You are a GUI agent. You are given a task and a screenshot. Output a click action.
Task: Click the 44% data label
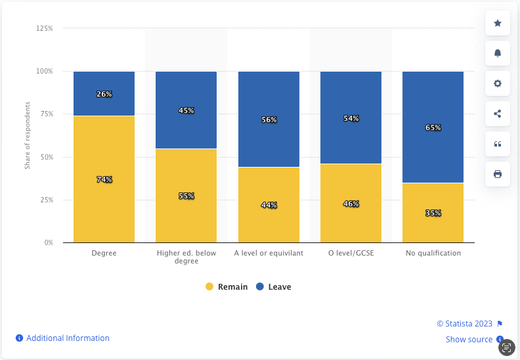[x=269, y=205]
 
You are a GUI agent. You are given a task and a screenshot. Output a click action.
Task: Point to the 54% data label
[x=351, y=119]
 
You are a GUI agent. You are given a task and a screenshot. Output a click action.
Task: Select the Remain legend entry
[x=227, y=287]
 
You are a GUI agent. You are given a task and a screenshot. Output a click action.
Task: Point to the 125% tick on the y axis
[x=45, y=28]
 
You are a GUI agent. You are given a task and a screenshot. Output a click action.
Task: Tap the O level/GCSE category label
[x=351, y=253]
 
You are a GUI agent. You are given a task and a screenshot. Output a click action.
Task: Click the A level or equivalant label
[x=269, y=253]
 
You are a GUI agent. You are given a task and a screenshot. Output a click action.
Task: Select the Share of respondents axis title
[x=28, y=136]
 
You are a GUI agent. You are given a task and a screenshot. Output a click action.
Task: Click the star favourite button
[x=497, y=24]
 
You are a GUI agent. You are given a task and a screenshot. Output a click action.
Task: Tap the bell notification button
[x=497, y=53]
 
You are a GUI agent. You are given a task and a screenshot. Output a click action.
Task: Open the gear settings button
[x=497, y=83]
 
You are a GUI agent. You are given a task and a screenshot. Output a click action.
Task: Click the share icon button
[x=497, y=114]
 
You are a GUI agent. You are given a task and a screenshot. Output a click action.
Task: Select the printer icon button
[x=497, y=174]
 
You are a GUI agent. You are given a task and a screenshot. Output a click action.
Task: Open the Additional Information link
[x=68, y=338]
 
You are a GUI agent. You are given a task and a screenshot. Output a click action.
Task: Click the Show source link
[x=469, y=340]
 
